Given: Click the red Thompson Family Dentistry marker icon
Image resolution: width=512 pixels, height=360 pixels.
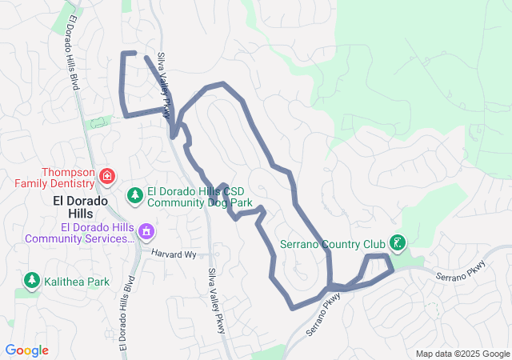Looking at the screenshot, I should coord(107,175).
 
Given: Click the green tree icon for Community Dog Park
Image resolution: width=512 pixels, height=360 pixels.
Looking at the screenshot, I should coord(135,195).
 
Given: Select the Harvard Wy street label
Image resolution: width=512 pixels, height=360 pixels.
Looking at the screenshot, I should coord(174,254).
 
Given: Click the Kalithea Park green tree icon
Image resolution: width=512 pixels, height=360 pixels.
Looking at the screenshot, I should coord(32,280).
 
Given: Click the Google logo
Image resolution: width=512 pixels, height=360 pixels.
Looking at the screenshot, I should coord(27,350).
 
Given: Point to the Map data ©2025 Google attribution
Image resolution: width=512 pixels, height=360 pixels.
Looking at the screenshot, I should coord(462,354).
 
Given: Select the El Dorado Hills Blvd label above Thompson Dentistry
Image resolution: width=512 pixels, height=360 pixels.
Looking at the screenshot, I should coord(74,52).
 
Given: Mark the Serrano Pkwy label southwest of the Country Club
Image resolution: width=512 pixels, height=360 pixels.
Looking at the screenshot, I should coord(323,314).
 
